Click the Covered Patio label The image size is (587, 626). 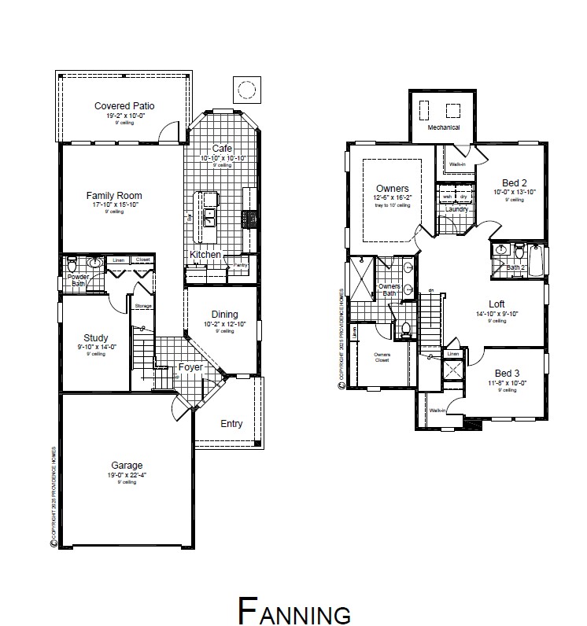(x=124, y=105)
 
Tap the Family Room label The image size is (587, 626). (x=114, y=196)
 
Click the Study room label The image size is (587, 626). (x=96, y=338)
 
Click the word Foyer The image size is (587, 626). (x=191, y=366)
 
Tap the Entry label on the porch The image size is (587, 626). (x=231, y=424)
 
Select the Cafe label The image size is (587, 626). (x=222, y=149)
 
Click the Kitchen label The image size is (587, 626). (x=205, y=255)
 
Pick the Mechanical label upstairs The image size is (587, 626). (x=443, y=127)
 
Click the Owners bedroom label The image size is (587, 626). (x=392, y=189)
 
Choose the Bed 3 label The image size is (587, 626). (x=508, y=373)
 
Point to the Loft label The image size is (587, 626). (x=497, y=304)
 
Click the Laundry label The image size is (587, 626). (x=456, y=209)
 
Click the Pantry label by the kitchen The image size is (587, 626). (x=240, y=265)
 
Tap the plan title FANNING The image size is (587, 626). (x=293, y=609)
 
